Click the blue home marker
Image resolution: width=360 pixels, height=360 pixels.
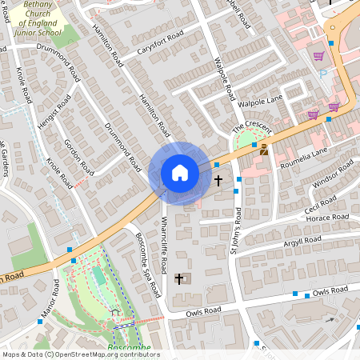point(180,173)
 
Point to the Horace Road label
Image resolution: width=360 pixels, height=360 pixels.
point(327,217)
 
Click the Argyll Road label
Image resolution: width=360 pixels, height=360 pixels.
point(302,241)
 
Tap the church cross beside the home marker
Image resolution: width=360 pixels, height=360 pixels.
point(218,181)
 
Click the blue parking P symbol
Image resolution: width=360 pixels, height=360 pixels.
point(323,74)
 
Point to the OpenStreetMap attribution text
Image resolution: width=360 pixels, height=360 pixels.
point(81,354)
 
